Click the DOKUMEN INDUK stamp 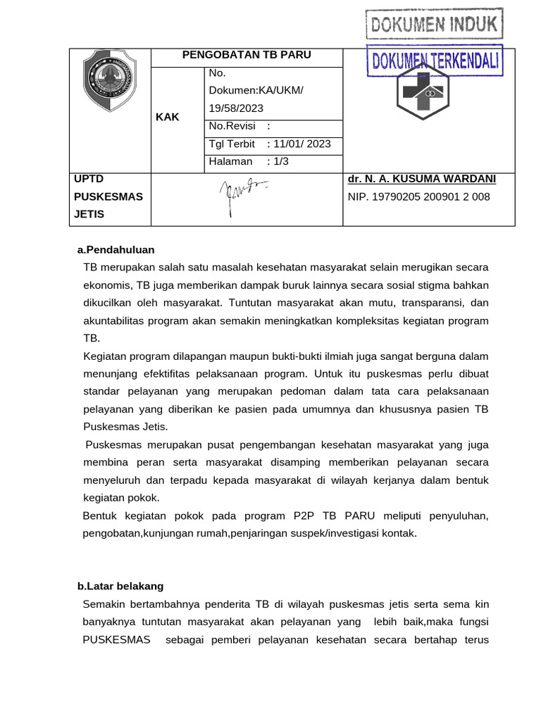coord(434,25)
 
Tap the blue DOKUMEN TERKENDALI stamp coord(435,62)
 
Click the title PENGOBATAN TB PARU coord(247,55)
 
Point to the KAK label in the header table coord(168,118)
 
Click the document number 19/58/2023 coord(236,108)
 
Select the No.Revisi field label coord(232,126)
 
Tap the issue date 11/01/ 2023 coord(302,144)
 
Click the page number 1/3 coord(281,161)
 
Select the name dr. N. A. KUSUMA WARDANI coord(421,179)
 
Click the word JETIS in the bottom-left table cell coord(89,214)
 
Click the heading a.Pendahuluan coord(116,250)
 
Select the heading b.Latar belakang coord(120,586)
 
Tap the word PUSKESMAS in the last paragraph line coord(116,641)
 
